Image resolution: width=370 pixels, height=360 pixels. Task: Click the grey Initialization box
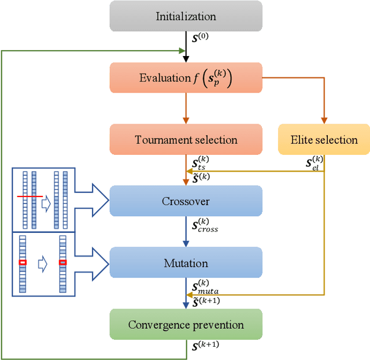point(186,16)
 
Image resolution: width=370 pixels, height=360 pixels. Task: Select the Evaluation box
point(186,78)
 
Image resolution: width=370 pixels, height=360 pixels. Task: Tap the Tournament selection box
point(186,140)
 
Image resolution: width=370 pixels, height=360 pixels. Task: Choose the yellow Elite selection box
point(324,140)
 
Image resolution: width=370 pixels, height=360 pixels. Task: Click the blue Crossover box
point(186,201)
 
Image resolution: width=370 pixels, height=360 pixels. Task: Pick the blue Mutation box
point(186,263)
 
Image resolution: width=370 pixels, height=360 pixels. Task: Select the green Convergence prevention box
point(186,324)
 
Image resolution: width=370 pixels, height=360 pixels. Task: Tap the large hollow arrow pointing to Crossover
point(92,201)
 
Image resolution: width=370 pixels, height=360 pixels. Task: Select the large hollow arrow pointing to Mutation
point(92,263)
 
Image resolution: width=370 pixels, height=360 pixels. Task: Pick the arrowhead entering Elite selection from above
point(324,120)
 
